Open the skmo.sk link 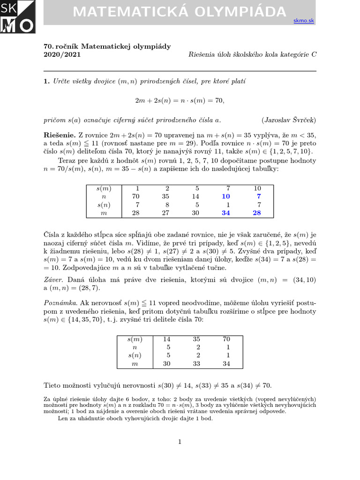[303, 21]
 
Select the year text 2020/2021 [62, 54]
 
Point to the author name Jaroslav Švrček [289, 120]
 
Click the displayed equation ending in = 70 [180, 100]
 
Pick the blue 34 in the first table [226, 213]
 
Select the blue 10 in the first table [226, 196]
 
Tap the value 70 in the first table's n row [136, 196]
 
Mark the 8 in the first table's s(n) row [166, 205]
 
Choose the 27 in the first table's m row [166, 213]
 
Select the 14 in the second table [166, 339]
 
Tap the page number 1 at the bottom [180, 442]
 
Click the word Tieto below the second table [53, 385]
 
